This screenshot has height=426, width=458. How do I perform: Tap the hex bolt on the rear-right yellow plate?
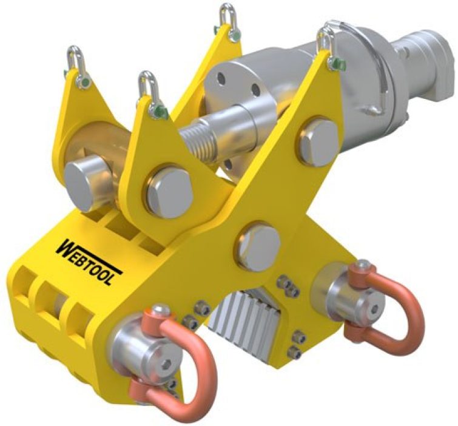coord(318,141)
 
